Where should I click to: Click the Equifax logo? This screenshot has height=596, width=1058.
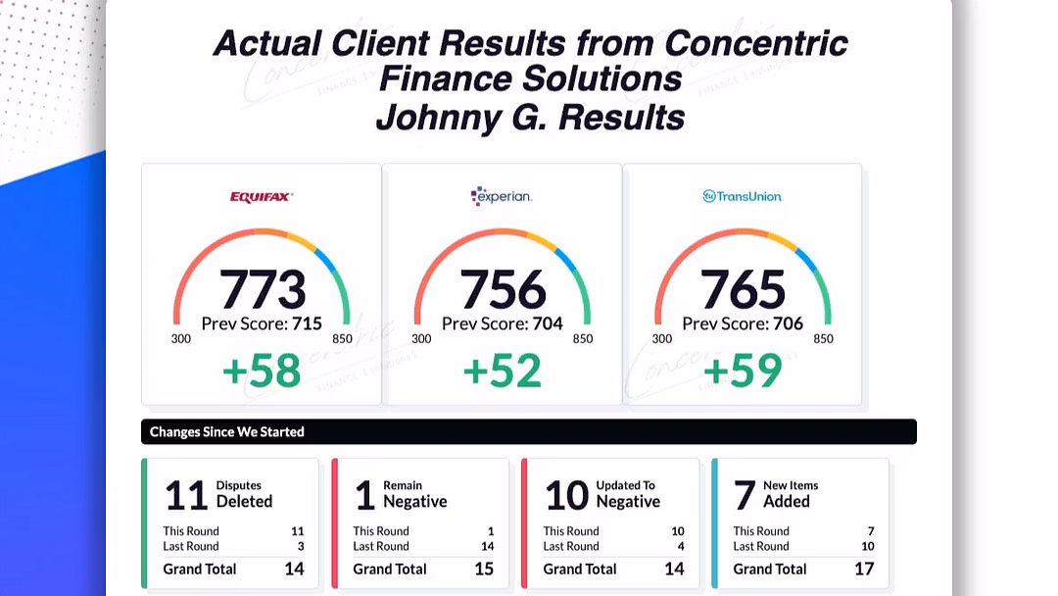pos(262,196)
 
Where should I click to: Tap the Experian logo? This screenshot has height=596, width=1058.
pos(501,196)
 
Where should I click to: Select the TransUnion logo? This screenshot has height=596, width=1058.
pos(743,196)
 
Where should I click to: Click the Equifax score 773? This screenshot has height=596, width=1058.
pos(263,290)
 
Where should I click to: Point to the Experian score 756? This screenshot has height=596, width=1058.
pos(503,290)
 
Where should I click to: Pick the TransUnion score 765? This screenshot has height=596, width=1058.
pos(743,290)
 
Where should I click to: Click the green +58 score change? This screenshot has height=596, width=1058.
pos(262,372)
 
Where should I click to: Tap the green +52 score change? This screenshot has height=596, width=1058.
pos(502,372)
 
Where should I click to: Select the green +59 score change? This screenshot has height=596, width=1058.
pos(743,372)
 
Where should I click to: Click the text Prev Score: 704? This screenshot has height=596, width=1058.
pos(502,323)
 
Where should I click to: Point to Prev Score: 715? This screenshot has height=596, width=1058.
pos(262,323)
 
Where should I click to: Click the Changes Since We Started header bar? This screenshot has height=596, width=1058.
pos(529,431)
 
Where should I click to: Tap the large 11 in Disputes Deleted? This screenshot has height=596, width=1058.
pos(186,495)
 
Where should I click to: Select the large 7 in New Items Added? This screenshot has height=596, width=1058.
pos(745,495)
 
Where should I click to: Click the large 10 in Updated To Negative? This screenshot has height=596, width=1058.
pos(567,495)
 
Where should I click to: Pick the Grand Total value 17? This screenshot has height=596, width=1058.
pos(863,569)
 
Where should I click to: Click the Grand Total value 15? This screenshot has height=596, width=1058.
pos(484,569)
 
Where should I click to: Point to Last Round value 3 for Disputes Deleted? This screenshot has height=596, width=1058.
pos(300,546)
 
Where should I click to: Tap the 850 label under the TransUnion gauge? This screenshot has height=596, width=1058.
pos(823,339)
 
